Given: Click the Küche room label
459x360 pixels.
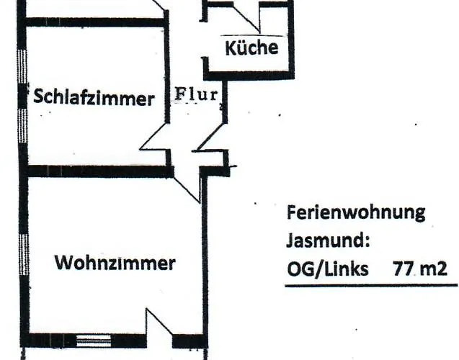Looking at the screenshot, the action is tap(251, 48).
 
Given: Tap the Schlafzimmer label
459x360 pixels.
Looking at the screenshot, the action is tap(94, 97).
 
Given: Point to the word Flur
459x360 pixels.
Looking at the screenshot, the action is tap(197, 94).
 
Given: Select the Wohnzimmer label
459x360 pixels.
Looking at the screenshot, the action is tap(115, 262).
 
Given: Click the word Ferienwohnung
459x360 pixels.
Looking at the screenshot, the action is tap(356, 212).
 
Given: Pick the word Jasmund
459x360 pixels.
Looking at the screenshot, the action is tap(328, 241).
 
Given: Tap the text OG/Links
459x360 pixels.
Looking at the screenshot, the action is tap(328, 269).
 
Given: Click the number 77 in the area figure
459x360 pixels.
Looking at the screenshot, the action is tap(404, 269).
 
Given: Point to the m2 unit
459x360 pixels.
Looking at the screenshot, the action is tap(434, 269).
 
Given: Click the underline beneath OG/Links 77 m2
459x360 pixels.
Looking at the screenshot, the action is tap(371, 285).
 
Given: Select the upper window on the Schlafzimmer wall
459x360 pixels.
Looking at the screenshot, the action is tap(22, 66).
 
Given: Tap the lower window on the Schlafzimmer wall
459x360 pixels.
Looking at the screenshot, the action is tap(23, 126).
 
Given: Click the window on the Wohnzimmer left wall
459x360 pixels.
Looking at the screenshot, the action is tap(24, 254).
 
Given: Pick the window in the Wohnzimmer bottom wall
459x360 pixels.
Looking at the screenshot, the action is tap(94, 341).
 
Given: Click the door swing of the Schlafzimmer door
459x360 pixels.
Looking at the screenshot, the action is tap(154, 136).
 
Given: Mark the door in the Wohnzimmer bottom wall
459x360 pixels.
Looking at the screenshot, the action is tap(159, 322).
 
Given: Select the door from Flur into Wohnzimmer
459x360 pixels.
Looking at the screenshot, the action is tap(187, 189).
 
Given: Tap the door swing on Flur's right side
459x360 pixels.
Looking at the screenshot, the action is tap(210, 137).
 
